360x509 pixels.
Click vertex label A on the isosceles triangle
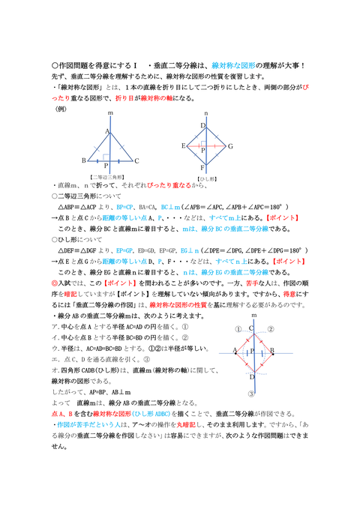(106, 131)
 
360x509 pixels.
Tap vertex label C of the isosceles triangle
(136, 160)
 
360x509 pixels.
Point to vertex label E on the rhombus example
(184, 145)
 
